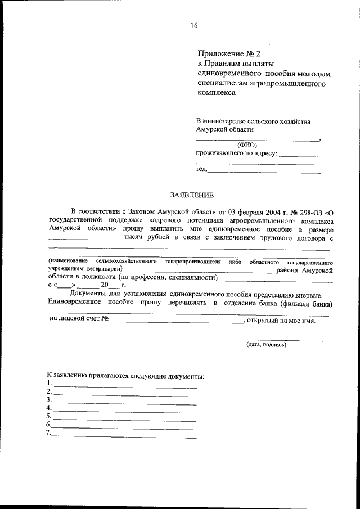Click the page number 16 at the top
pos(194,25)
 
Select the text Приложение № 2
pos(229,54)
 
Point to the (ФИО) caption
pos(246,145)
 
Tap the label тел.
pos(201,169)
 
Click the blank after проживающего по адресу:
pos(303,154)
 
